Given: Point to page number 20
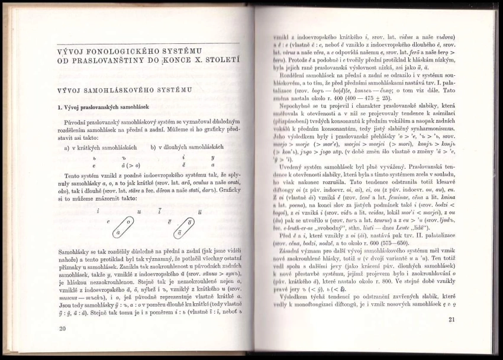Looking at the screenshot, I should point(63,327).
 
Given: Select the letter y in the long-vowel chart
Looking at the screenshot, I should point(212,157).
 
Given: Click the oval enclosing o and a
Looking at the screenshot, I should point(122,227).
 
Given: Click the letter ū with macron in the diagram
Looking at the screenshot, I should point(199,211).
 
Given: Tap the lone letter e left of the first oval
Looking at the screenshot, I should point(108,221).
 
